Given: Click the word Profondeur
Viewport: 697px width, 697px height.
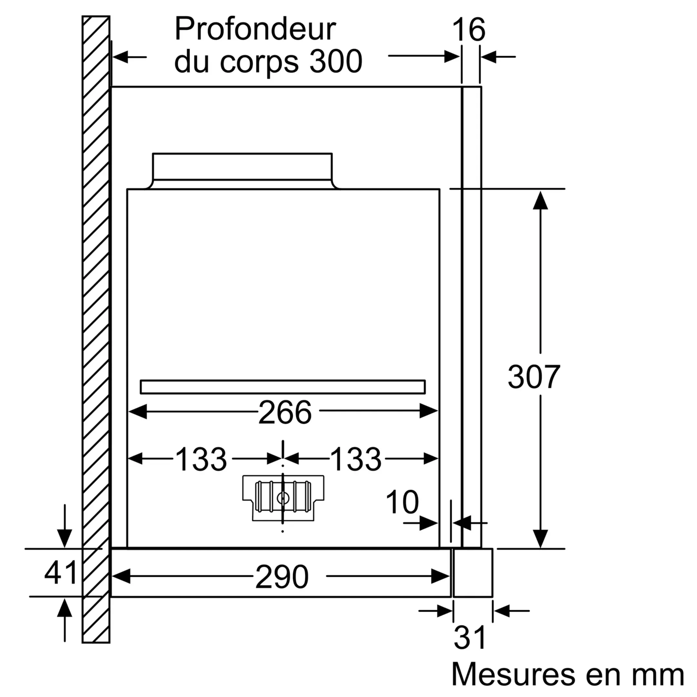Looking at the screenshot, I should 255,30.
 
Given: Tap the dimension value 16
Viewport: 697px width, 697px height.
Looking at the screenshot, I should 468,30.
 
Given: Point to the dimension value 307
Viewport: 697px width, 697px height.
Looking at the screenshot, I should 534,377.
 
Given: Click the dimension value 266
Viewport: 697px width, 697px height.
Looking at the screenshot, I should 285,412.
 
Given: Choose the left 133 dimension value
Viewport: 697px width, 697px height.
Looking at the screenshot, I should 201,459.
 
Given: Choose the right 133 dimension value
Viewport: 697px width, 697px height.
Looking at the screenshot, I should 355,459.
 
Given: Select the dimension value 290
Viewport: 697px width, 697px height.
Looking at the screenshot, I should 282,577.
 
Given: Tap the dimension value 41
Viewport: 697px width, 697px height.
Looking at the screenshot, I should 60,572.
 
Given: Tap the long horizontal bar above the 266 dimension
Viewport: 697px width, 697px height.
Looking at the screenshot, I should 282,387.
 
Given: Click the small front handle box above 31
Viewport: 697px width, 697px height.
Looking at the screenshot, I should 473,572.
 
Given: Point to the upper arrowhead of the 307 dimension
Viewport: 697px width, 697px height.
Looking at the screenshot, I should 540,201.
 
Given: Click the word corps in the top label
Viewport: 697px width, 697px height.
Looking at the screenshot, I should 259,61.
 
